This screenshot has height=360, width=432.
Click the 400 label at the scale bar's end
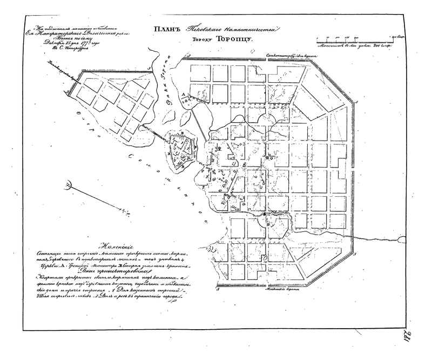click(398, 37)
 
